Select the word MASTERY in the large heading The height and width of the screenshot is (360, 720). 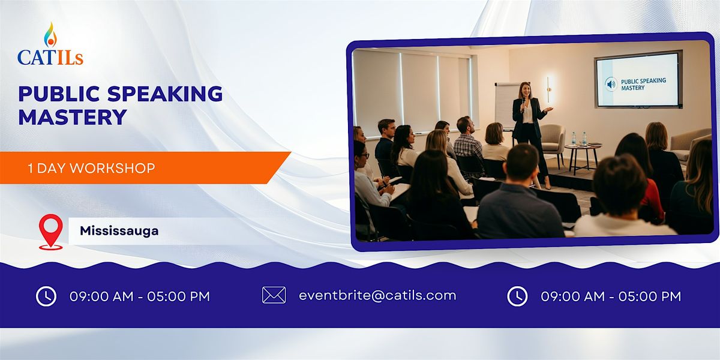click(x=73, y=116)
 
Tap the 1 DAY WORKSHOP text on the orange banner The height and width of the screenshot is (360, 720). click(x=91, y=169)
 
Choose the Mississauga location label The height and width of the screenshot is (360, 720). click(x=119, y=231)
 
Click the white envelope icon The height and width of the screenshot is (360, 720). click(x=274, y=295)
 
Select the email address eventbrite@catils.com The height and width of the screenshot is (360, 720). click(x=377, y=295)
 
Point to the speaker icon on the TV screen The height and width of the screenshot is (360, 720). click(x=611, y=83)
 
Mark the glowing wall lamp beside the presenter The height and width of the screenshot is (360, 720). click(x=548, y=89)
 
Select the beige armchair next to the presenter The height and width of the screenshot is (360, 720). click(x=553, y=141)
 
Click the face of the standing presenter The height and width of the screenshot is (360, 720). click(x=525, y=91)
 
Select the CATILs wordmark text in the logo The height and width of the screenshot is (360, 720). click(x=50, y=58)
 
